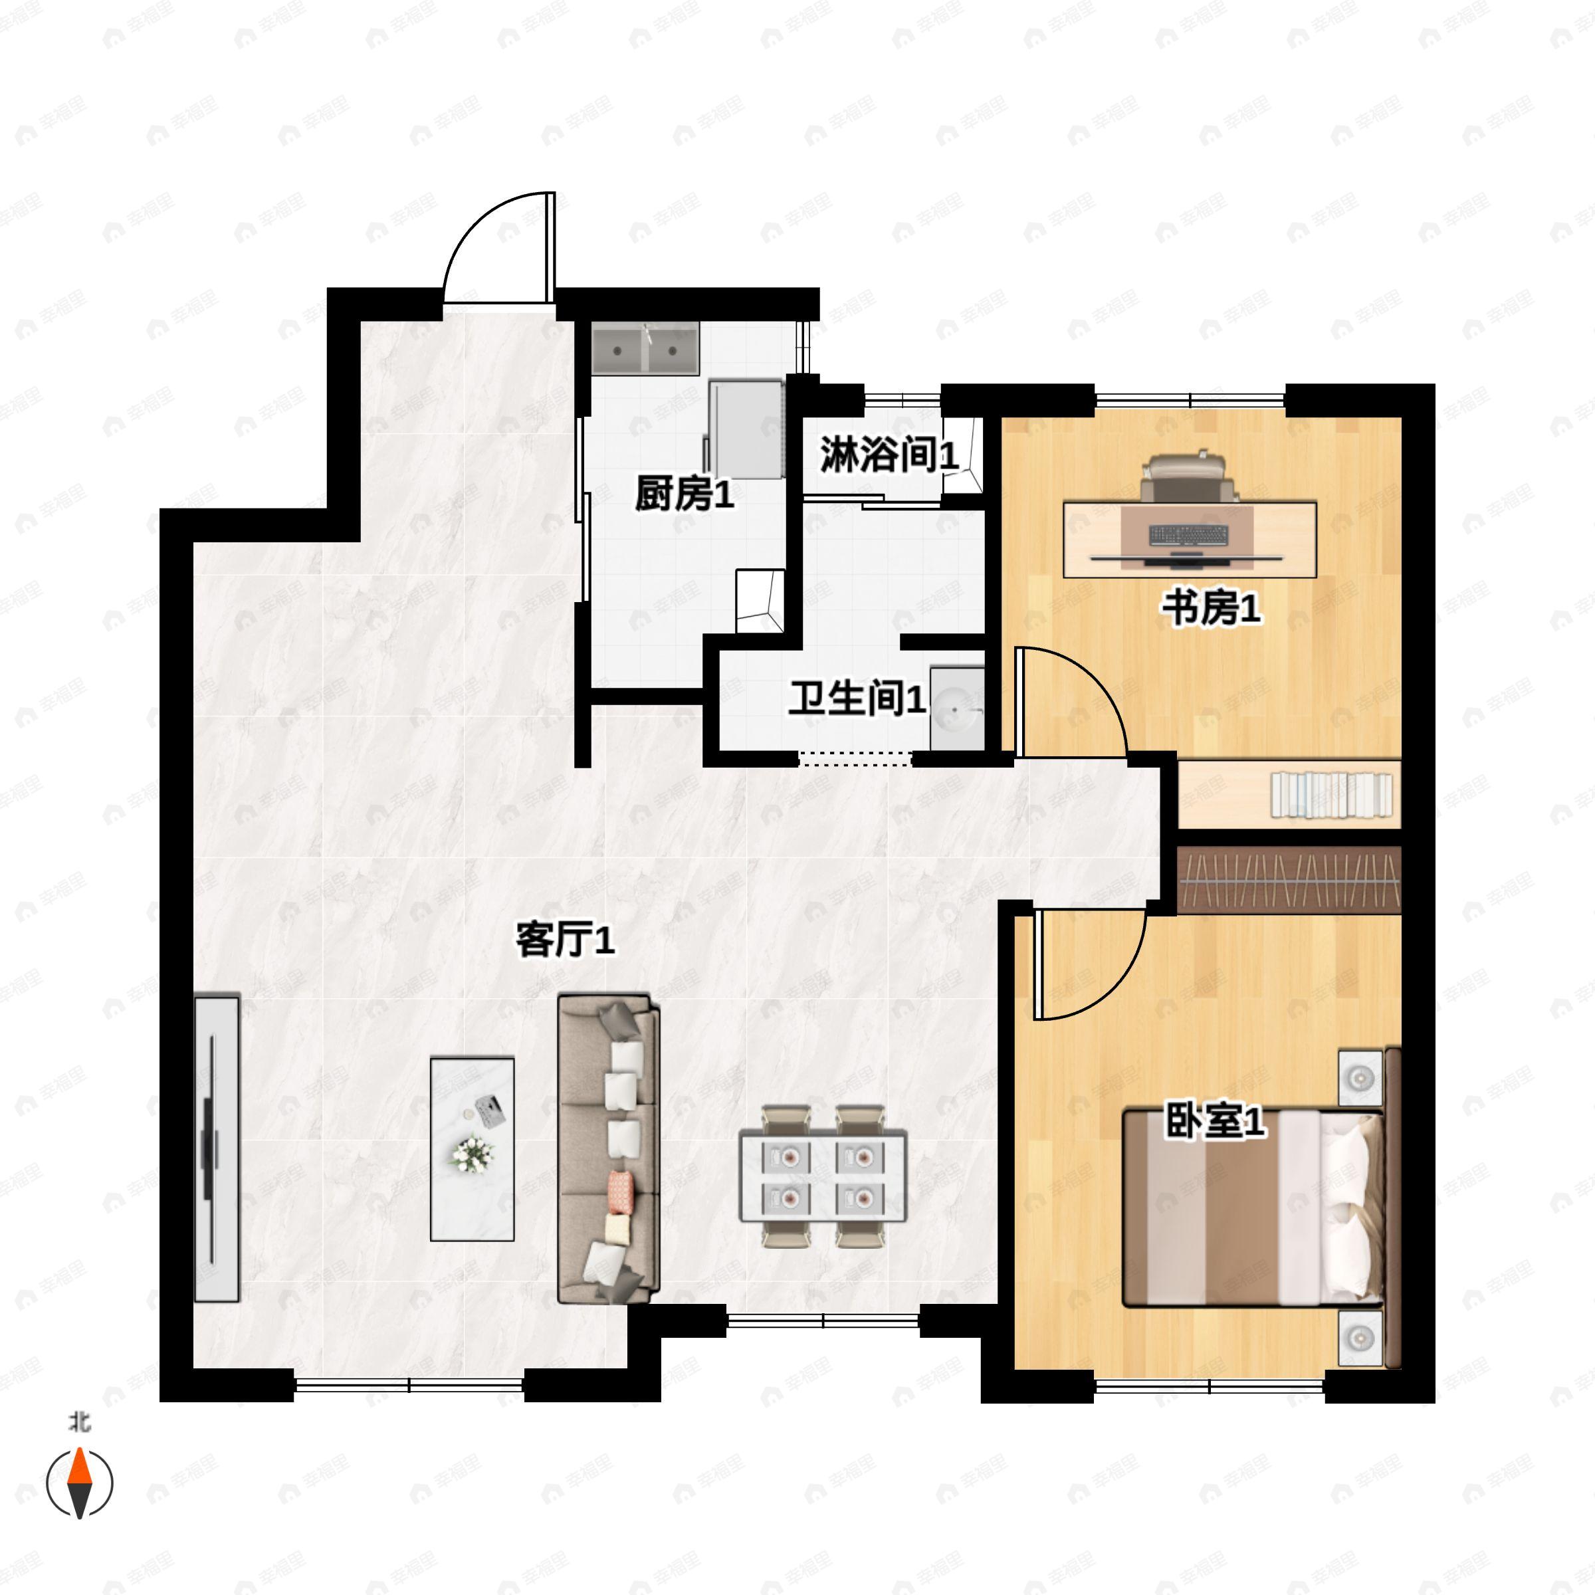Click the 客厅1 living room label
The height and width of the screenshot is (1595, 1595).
click(566, 940)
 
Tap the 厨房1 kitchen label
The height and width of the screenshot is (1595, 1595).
click(684, 494)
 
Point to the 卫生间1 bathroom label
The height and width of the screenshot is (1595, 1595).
click(856, 698)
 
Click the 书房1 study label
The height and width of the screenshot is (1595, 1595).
click(1211, 609)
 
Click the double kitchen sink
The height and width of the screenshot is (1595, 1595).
click(645, 349)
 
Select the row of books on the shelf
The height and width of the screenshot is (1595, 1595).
click(1330, 794)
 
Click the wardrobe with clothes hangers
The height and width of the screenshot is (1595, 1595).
click(1289, 880)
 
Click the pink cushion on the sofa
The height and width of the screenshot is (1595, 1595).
click(620, 1187)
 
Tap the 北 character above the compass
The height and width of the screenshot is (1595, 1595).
click(79, 1422)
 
